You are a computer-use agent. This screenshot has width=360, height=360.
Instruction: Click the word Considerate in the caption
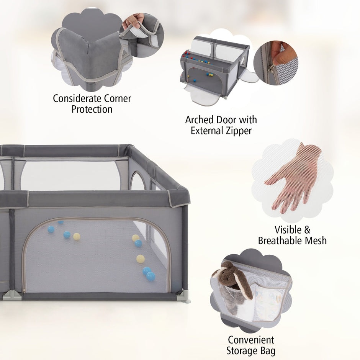click(x=77, y=98)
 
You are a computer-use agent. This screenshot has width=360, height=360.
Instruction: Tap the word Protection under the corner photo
click(x=92, y=109)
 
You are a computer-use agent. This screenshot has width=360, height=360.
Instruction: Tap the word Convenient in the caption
click(x=251, y=340)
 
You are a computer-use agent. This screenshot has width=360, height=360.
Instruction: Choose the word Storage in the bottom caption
click(x=242, y=351)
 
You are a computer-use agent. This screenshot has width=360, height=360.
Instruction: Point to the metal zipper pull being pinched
click(x=272, y=68)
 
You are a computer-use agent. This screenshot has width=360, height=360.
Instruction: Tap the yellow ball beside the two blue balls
click(x=77, y=236)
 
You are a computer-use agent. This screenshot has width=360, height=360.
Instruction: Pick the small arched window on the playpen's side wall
click(x=137, y=181)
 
